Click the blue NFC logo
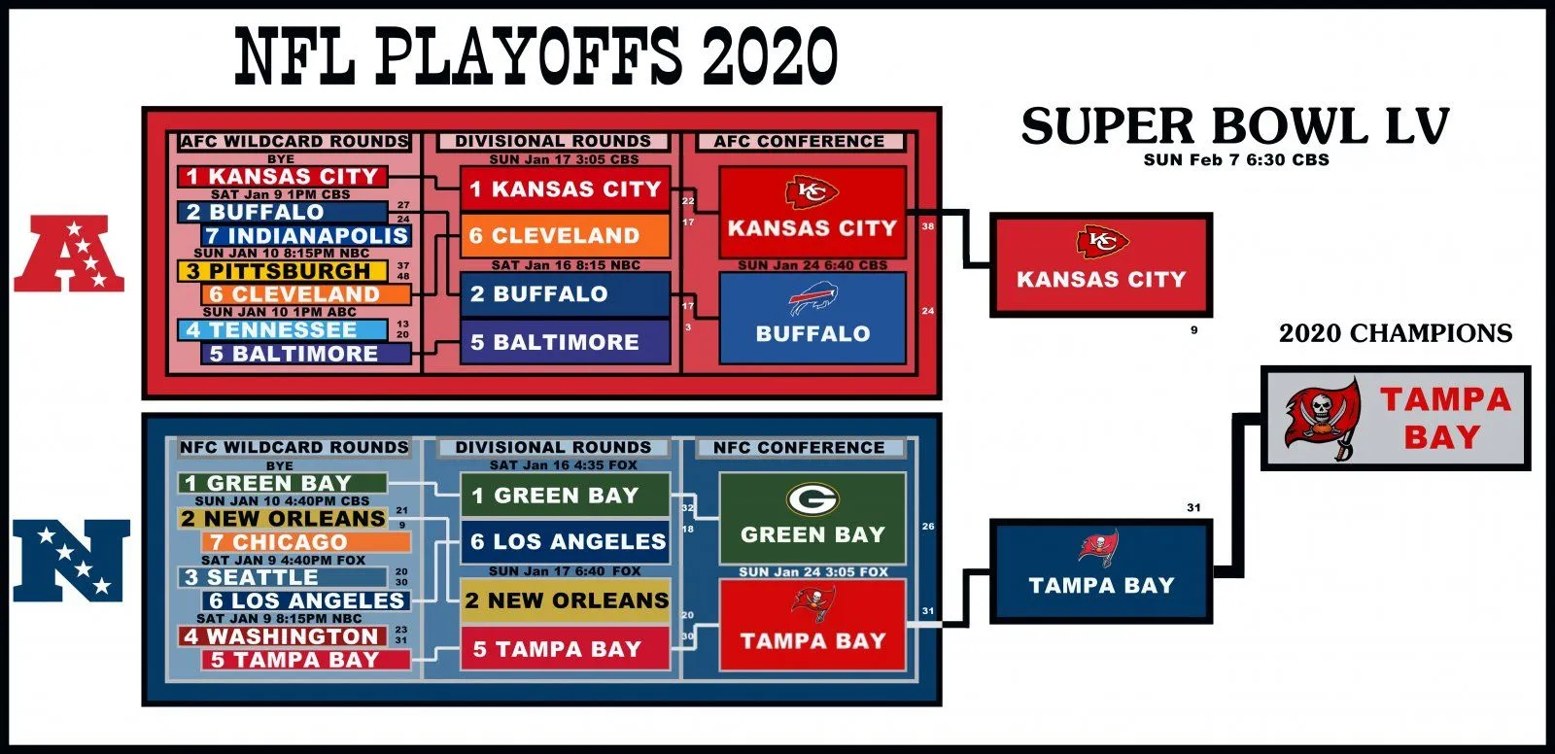click(70, 561)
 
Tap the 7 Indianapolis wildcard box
click(307, 235)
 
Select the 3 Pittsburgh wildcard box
click(283, 271)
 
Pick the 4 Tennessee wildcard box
click(283, 329)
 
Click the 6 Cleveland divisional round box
click(565, 235)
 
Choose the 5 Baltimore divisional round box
click(565, 342)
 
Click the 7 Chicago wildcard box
click(307, 542)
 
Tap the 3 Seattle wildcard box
click(283, 577)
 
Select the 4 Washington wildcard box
click(283, 636)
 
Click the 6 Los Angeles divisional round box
click(565, 541)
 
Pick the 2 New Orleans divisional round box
click(565, 600)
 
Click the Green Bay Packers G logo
click(812, 500)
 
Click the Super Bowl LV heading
click(1234, 127)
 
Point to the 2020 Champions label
click(1396, 333)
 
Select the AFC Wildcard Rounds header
click(294, 142)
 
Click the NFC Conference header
click(799, 448)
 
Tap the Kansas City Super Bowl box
click(1101, 264)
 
